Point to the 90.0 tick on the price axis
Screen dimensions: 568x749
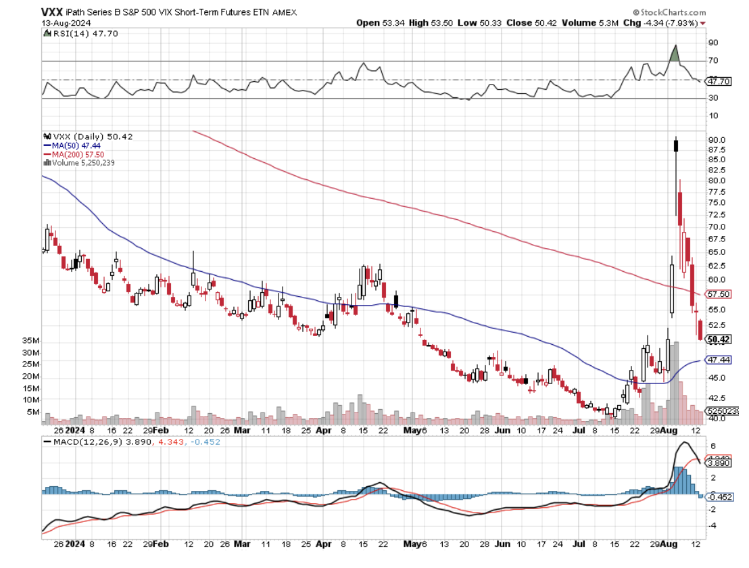point(718,139)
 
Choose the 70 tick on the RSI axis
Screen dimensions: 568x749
point(712,61)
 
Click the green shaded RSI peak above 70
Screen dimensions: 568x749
point(675,54)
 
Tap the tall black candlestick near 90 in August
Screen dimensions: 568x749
point(676,145)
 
